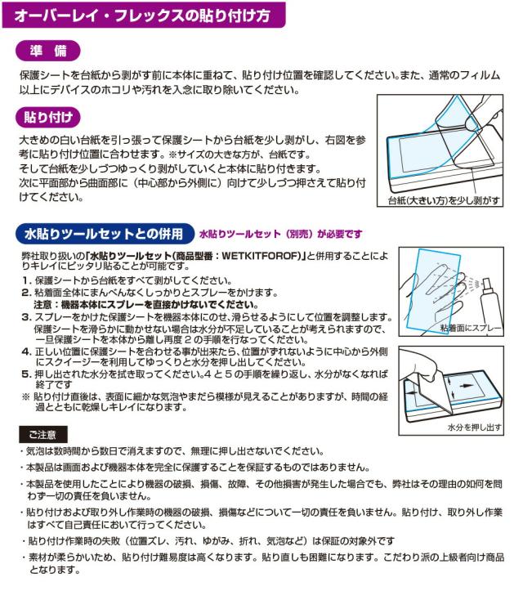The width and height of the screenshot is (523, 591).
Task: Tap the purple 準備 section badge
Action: click(x=48, y=51)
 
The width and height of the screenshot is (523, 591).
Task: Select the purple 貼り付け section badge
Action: click(x=48, y=115)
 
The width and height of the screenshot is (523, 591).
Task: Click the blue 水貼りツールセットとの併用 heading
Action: click(x=102, y=234)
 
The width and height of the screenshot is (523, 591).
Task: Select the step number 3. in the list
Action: click(x=25, y=316)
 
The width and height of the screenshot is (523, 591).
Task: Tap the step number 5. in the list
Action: click(x=25, y=373)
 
